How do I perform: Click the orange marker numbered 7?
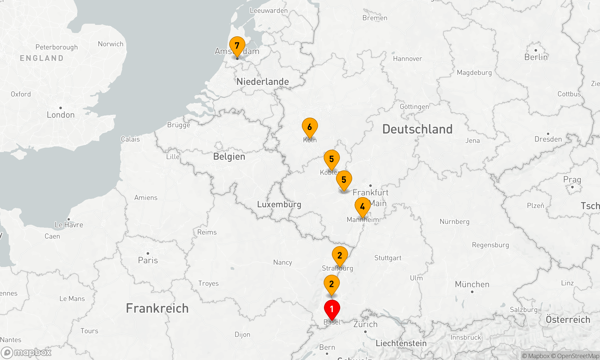[x=237, y=46]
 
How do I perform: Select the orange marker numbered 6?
[x=310, y=127]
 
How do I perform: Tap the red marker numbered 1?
[x=332, y=309]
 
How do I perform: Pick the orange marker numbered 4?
[x=362, y=207]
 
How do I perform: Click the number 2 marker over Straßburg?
[x=340, y=255]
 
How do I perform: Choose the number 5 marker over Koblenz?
[x=331, y=159]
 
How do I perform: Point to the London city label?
[x=61, y=115]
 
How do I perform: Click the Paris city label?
[x=148, y=260]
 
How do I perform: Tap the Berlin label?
[x=536, y=57]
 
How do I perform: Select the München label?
[x=472, y=284]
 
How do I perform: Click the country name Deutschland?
[x=417, y=129]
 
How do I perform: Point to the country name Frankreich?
[x=157, y=308]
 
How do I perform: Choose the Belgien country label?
[x=229, y=157]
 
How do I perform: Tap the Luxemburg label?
[x=279, y=205]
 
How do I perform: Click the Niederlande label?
[x=262, y=82]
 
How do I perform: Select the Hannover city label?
[x=407, y=59]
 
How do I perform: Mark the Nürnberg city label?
[x=454, y=222]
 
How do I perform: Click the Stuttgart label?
[x=388, y=258]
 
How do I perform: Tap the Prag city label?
[x=572, y=180]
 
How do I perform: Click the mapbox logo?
[x=26, y=352]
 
